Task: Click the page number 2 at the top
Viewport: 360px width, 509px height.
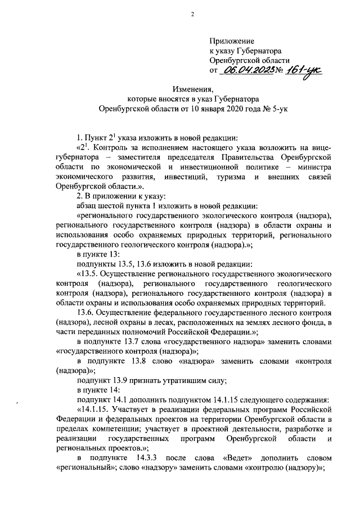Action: (x=191, y=15)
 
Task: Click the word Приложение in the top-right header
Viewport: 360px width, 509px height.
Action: (x=232, y=41)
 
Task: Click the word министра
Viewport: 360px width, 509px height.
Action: (x=310, y=167)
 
